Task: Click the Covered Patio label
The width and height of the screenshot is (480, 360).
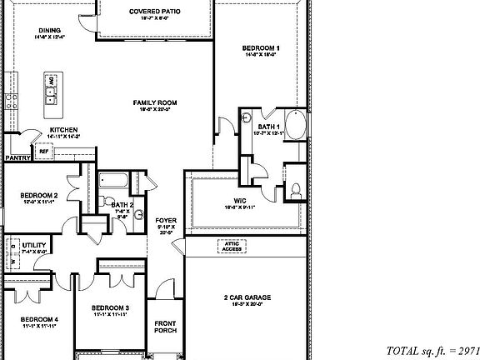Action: [155, 12]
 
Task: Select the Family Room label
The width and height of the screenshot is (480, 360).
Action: [155, 103]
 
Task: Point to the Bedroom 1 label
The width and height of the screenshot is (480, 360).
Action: [260, 49]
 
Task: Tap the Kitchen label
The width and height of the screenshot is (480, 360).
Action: [63, 131]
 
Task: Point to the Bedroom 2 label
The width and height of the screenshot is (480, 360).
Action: [39, 197]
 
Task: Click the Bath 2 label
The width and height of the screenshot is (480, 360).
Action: [122, 205]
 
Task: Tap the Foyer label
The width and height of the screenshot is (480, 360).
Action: [166, 221]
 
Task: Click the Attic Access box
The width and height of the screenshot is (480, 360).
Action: [232, 245]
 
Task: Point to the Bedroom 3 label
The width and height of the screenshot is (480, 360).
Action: [110, 308]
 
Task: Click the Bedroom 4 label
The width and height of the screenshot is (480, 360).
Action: [39, 320]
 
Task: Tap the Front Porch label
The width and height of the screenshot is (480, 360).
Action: [165, 326]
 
